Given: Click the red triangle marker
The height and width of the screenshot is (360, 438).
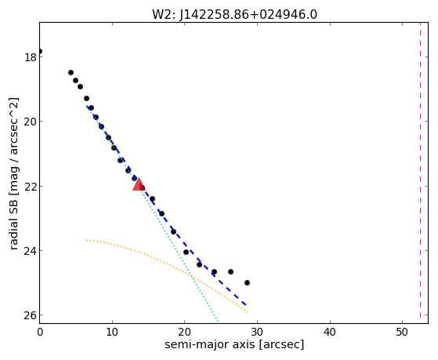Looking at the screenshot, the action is [x=139, y=184].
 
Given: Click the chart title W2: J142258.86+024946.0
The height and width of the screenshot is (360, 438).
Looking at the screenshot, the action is [x=234, y=15].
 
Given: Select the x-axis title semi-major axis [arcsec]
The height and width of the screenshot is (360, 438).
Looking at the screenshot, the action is [x=234, y=344].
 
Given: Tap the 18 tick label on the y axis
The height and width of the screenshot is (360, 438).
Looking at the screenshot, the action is [x=31, y=57].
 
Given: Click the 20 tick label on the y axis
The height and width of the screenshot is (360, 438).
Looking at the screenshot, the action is [x=31, y=122].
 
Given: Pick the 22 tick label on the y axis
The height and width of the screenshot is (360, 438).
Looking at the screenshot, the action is [x=31, y=187].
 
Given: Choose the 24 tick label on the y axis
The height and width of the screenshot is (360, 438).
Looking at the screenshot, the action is [x=31, y=251].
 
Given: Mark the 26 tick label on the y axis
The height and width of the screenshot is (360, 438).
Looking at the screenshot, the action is [x=31, y=315].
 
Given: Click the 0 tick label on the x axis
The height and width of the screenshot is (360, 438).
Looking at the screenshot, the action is [x=40, y=333].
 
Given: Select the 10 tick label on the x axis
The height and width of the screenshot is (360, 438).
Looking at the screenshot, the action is [x=112, y=333].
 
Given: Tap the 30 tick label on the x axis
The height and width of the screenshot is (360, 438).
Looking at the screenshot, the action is [x=257, y=333].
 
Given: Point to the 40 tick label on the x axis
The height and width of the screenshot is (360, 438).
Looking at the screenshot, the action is [x=330, y=333].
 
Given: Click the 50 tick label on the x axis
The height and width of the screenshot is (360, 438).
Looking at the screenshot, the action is [x=402, y=333].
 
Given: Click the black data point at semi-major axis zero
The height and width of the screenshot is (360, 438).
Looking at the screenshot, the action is [x=40, y=52].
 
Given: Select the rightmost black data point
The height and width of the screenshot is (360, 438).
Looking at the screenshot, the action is [x=247, y=283].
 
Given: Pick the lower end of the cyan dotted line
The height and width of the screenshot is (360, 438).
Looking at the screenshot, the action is [x=218, y=322].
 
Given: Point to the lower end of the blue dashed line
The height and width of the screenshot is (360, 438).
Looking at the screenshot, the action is [x=246, y=305].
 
